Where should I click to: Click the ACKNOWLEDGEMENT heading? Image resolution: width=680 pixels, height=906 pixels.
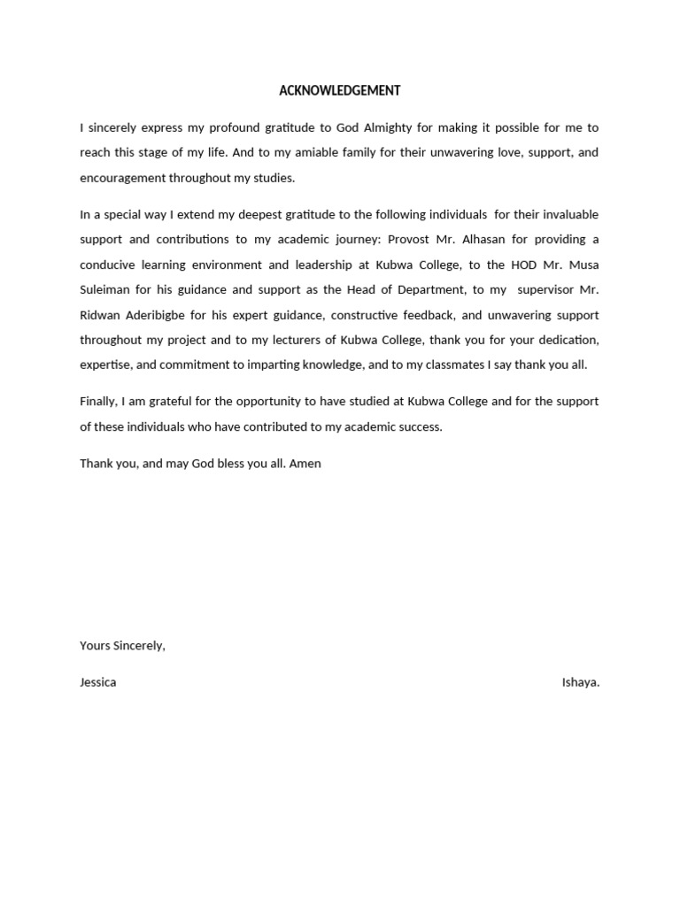[x=340, y=90]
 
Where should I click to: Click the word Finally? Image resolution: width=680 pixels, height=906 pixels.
[x=97, y=401]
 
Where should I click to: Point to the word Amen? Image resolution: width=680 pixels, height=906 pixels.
[x=305, y=463]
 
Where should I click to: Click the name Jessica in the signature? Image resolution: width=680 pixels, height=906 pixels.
[x=97, y=682]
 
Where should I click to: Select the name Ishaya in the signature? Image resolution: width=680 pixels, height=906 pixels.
[x=580, y=682]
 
